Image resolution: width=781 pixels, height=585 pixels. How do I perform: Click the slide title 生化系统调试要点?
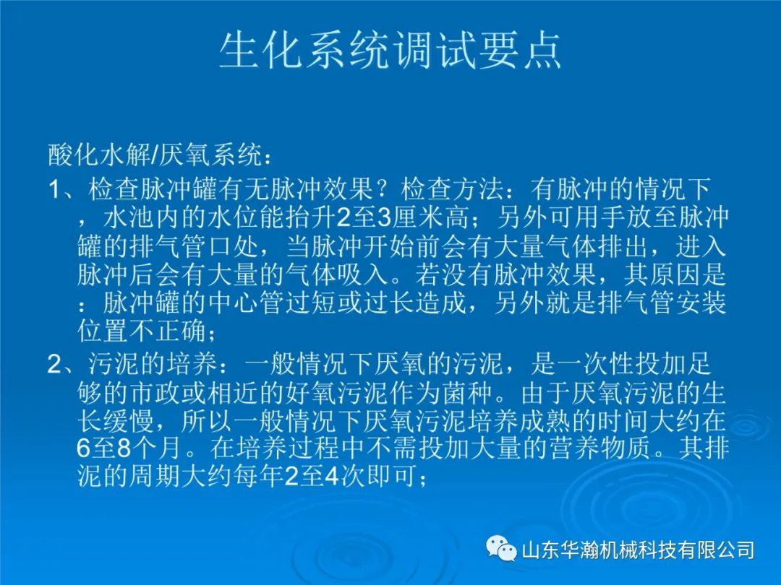pos(390,51)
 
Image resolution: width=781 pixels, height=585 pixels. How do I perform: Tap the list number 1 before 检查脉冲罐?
pos(54,189)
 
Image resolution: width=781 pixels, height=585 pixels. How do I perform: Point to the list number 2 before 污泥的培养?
pos(55,365)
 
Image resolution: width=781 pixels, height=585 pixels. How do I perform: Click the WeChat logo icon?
pos(501,549)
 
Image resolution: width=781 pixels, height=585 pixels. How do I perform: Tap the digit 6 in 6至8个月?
pos(83,448)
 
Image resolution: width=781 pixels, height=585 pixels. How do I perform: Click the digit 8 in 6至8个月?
pos(124,448)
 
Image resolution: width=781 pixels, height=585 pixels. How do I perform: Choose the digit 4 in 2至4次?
pos(331,477)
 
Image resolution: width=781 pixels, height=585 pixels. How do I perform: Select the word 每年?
pos(259,477)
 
